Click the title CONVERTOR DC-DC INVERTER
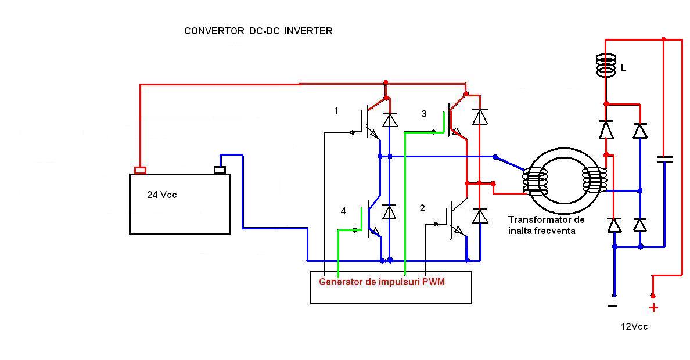click(x=258, y=31)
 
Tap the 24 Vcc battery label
click(x=162, y=195)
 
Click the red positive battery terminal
click(x=140, y=170)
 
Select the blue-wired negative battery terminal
click(x=220, y=170)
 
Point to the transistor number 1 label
click(x=336, y=110)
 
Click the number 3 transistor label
click(x=424, y=114)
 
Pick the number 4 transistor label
click(x=343, y=211)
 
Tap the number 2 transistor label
click(x=422, y=208)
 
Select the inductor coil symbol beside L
click(x=605, y=66)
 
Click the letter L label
click(x=624, y=68)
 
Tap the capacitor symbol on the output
click(x=664, y=159)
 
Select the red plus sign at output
click(x=653, y=308)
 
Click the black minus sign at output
click(x=613, y=305)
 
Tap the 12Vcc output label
click(x=634, y=327)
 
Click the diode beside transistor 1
click(x=390, y=120)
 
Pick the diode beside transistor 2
click(x=480, y=217)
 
